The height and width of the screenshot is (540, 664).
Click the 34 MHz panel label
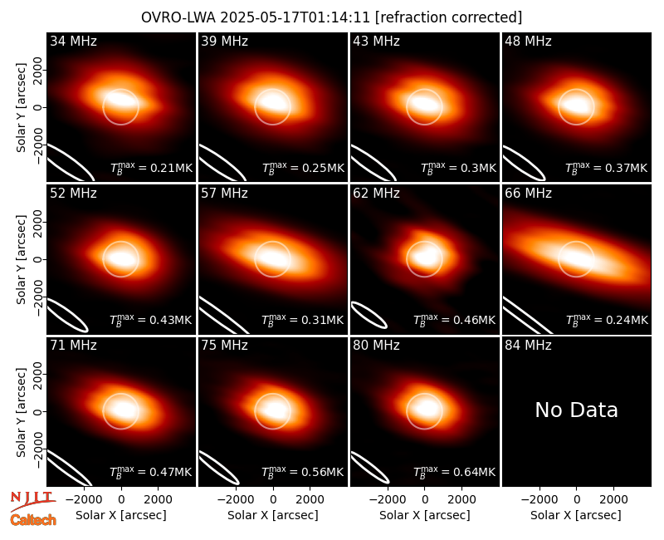tap(73, 41)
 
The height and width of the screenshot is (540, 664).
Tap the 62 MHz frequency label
tap(377, 194)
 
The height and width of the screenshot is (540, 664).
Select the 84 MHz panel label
tap(528, 346)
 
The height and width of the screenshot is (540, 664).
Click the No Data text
tap(576, 410)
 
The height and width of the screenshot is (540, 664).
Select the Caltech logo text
tap(33, 520)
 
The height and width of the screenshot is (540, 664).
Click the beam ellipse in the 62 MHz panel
tap(369, 315)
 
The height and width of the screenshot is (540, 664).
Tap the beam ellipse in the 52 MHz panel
tap(68, 315)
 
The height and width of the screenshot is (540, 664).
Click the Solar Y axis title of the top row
tap(21, 108)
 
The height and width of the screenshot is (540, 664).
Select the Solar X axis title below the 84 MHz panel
tap(576, 515)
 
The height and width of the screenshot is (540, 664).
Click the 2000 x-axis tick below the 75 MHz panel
tap(310, 500)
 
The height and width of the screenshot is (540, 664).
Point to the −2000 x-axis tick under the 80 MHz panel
tap(388, 500)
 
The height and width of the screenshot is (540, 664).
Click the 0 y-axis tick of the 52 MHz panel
tap(38, 259)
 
